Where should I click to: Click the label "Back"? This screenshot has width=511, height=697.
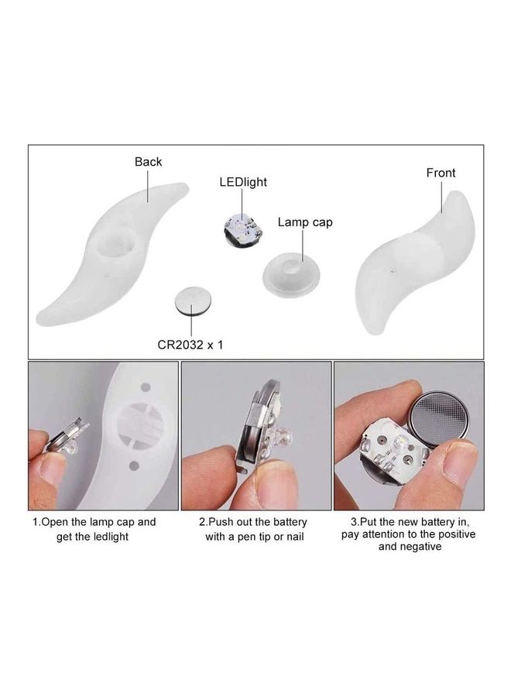tap(148, 162)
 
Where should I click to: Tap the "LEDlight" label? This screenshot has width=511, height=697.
tap(243, 183)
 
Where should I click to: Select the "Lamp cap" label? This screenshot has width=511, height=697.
tap(305, 222)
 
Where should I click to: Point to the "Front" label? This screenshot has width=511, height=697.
tap(441, 173)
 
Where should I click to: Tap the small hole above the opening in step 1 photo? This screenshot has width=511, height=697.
tap(144, 384)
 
